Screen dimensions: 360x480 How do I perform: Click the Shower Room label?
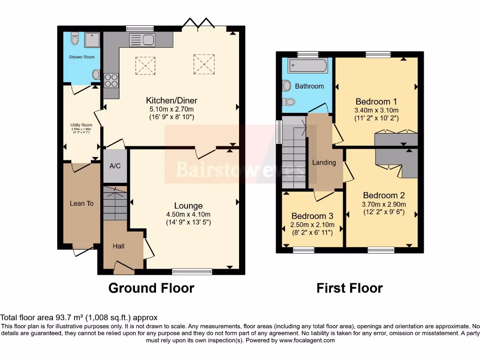82,57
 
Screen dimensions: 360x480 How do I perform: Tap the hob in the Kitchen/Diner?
111,81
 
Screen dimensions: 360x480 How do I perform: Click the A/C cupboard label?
115,166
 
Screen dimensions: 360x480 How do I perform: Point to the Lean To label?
82,203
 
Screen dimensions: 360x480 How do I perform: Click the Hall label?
119,246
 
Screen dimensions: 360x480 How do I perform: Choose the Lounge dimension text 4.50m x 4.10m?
188,215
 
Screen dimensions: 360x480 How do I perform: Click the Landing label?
324,163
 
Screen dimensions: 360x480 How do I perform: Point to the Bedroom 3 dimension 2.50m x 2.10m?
312,225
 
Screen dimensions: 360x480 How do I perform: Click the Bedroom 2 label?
383,195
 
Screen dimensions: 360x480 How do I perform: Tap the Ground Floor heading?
151,288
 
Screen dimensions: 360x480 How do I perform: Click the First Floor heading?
349,288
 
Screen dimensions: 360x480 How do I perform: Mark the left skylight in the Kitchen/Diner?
145,65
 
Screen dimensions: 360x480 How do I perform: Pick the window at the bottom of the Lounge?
192,271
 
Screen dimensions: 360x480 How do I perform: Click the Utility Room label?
81,125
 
